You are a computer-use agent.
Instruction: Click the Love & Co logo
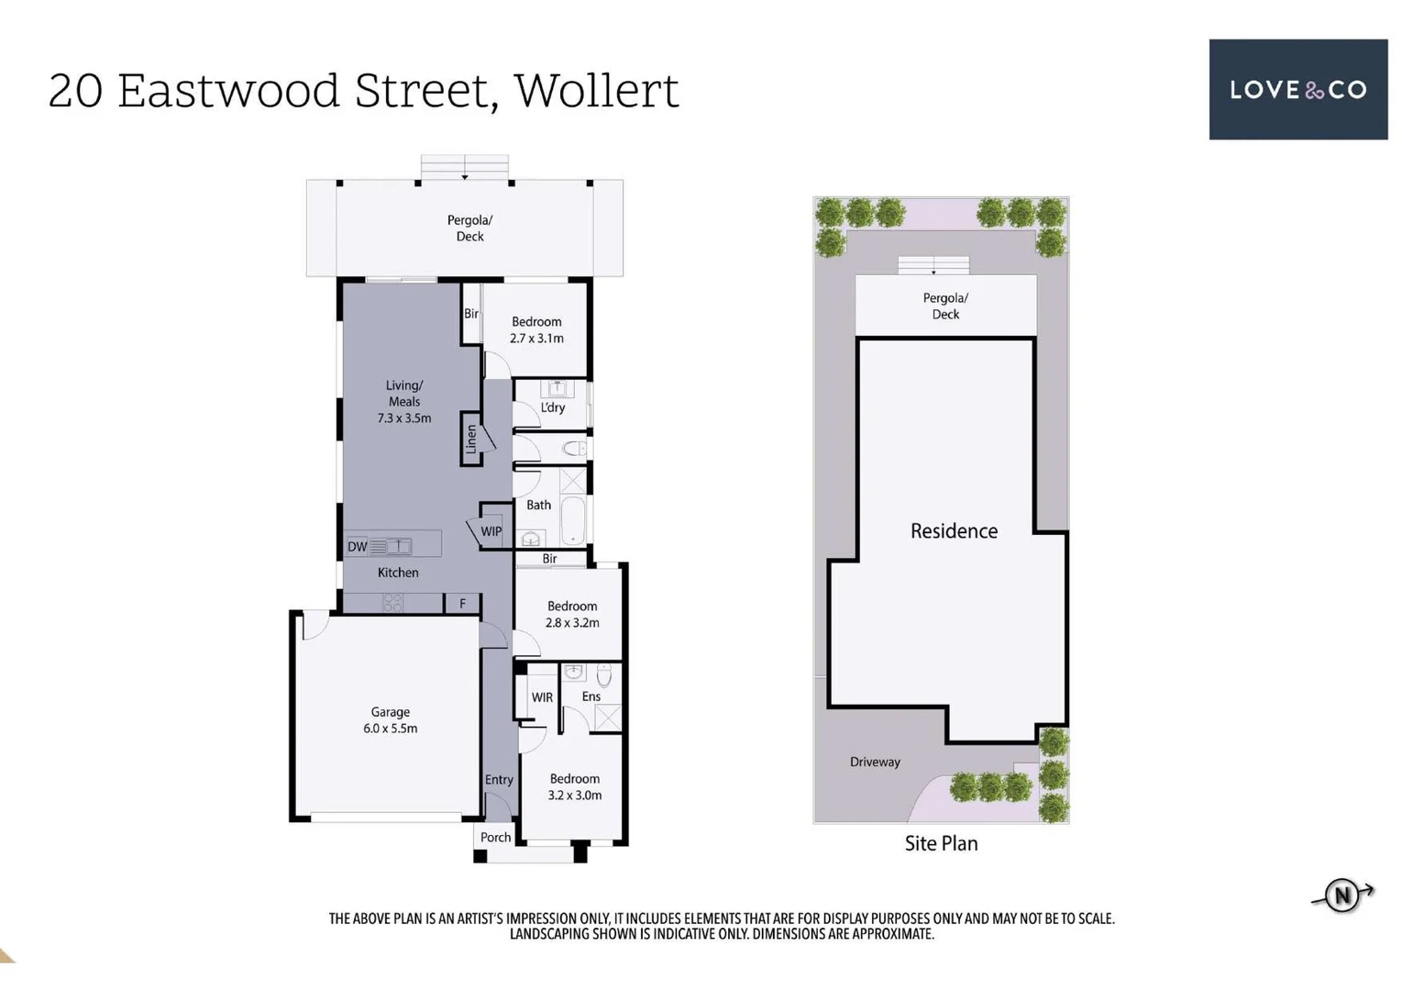pos(1297,89)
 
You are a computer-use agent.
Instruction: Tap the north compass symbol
pos(1342,895)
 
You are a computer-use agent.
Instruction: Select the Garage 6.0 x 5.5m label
pos(390,720)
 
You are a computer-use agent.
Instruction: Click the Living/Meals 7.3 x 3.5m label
pos(403,402)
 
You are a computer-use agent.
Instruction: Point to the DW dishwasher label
pos(357,547)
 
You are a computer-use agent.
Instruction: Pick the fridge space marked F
pos(463,603)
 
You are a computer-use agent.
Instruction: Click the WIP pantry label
pos(491,531)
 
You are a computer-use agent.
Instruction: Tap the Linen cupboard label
pos(471,439)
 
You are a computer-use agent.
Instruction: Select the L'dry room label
pos(552,407)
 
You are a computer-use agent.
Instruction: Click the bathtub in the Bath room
pos(573,519)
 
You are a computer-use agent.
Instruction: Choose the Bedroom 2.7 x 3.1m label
pos(536,329)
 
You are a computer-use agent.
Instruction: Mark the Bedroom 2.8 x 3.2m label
pos(572,614)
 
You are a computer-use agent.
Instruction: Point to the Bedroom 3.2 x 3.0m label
pos(575,786)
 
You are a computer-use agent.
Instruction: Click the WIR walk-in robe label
pos(542,697)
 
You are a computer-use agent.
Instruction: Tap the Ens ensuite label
pos(591,696)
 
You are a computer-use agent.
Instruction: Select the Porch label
pos(495,837)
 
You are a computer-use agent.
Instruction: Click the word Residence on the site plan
pos(954,530)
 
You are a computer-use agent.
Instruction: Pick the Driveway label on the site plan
pos(875,762)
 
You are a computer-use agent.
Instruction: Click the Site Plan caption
pos(941,843)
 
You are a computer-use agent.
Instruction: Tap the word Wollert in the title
pos(596,91)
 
